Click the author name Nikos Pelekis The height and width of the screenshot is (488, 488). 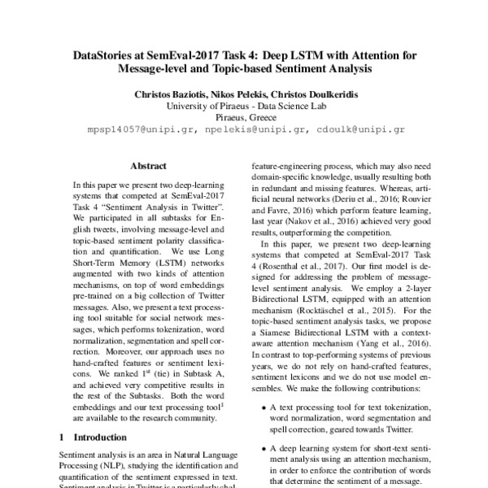coord(249,94)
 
